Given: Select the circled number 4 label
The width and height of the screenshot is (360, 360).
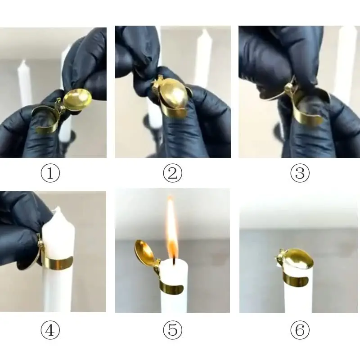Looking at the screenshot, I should coord(50,331).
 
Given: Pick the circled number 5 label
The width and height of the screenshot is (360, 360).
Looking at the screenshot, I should coord(173,331).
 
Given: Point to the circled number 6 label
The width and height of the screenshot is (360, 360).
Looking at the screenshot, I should coord(300,331).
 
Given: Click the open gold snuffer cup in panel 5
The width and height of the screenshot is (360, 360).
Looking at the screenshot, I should coord(145,252).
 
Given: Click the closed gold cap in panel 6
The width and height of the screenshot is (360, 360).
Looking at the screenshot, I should coord(295,261).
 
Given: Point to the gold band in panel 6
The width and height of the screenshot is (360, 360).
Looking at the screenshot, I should coord(297,280).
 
